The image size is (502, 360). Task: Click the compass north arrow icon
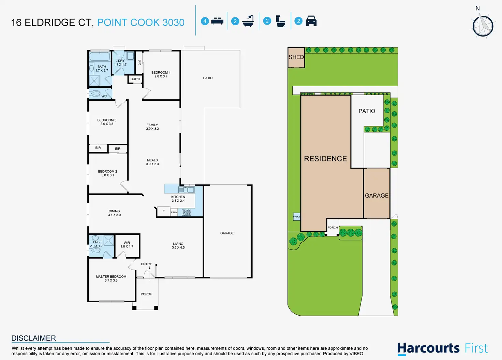(x=483, y=25)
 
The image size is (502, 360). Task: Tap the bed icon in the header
(x=217, y=21)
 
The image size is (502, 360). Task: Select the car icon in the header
(x=311, y=21)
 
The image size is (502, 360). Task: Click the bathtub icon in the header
(x=248, y=21)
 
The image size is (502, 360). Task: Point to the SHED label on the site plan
(x=296, y=57)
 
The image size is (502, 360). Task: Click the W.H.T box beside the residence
(x=297, y=216)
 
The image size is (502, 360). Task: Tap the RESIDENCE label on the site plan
(x=325, y=159)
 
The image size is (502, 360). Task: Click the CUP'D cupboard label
(x=135, y=79)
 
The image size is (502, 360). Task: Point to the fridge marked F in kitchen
(x=164, y=211)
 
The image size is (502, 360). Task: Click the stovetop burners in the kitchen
(x=186, y=212)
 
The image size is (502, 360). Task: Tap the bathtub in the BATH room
(x=100, y=56)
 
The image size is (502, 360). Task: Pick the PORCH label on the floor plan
(x=147, y=294)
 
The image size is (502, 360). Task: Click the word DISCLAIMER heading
(x=34, y=338)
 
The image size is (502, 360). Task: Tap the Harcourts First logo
(x=442, y=348)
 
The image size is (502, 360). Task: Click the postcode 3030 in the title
(x=174, y=23)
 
